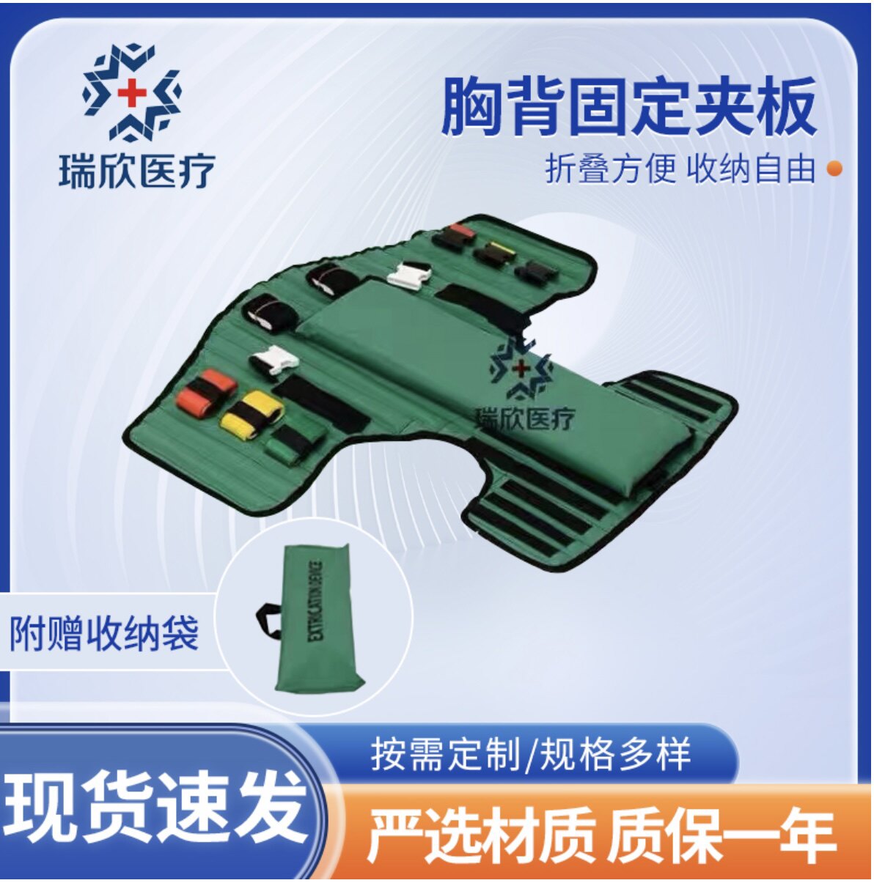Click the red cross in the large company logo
(x=133, y=93)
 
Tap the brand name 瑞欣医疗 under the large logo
(x=136, y=171)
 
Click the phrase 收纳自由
(x=752, y=169)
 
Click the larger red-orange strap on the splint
(x=206, y=391)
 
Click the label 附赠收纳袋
(x=104, y=632)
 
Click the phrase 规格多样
(x=616, y=755)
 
